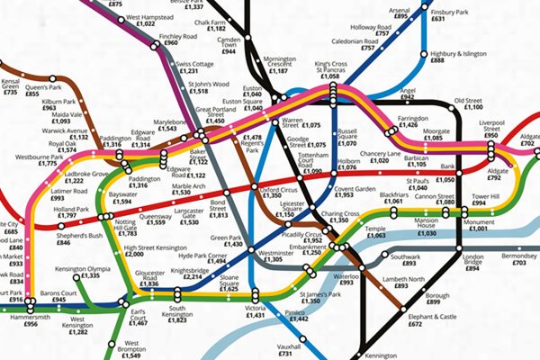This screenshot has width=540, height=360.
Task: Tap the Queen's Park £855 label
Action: pos(43,88)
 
